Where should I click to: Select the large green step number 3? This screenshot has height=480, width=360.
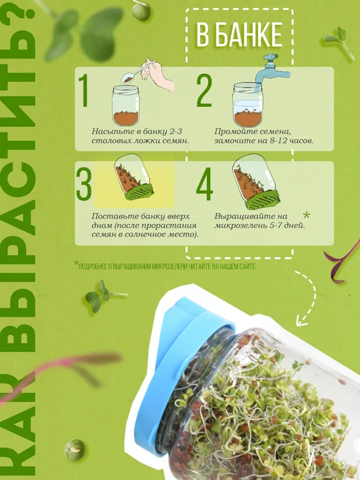coord(84,184)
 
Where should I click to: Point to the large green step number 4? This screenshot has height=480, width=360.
coord(204,184)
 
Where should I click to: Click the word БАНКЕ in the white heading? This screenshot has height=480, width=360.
coord(247,35)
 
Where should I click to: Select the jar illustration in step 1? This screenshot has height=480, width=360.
coord(126,105)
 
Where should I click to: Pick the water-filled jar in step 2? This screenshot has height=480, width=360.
coord(248,105)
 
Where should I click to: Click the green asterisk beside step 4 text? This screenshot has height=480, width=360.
coord(306,215)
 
